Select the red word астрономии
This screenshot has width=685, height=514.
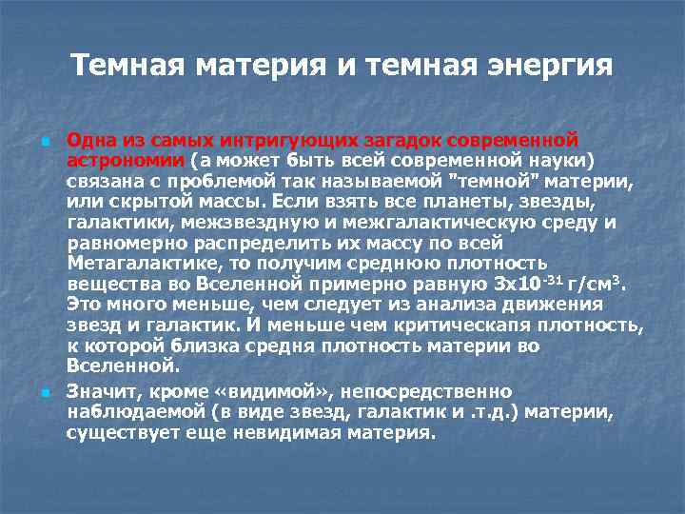126,161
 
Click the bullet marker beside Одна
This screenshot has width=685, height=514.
44,141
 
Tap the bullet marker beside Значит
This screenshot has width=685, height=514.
44,392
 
